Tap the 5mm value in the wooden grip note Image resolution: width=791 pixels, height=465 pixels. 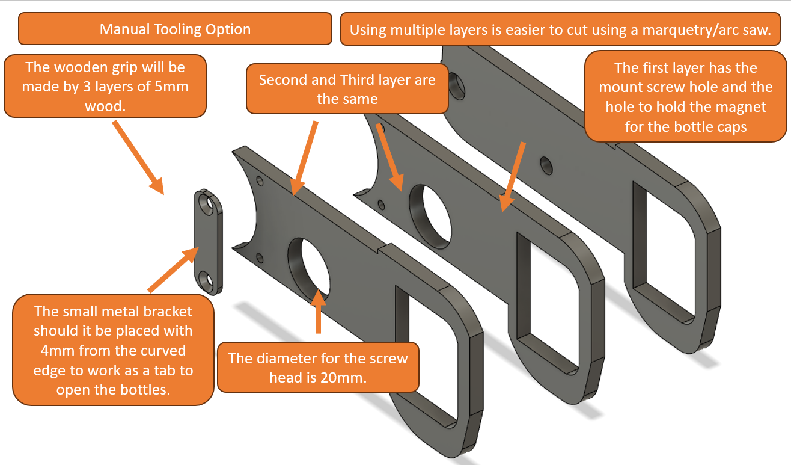169,87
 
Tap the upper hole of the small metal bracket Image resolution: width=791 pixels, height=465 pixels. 207,203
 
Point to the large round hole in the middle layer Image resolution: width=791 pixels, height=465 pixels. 430,215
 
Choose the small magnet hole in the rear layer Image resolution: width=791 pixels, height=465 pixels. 546,165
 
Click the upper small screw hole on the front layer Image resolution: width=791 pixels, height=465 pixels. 260,181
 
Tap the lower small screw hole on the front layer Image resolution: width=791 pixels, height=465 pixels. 260,258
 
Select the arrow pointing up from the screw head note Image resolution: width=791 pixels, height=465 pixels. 318,312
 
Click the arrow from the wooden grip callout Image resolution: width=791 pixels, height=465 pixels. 138,158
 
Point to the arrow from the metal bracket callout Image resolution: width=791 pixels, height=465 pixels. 173,269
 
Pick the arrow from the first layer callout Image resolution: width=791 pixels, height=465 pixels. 513,177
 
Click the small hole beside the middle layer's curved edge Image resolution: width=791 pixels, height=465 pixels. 381,205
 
